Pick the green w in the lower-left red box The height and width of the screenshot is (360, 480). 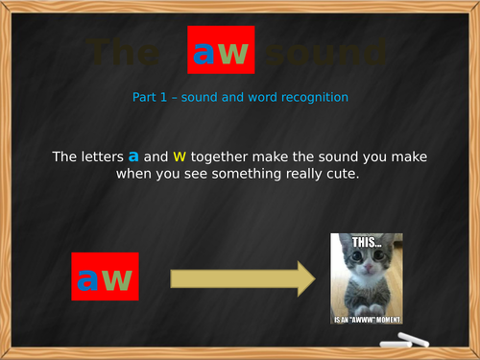coord(116,279)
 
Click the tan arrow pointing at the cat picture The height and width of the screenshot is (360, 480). coord(242,279)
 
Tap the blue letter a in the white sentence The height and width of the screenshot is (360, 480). coord(133,156)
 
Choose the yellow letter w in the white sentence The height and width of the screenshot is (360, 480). coord(179,156)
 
